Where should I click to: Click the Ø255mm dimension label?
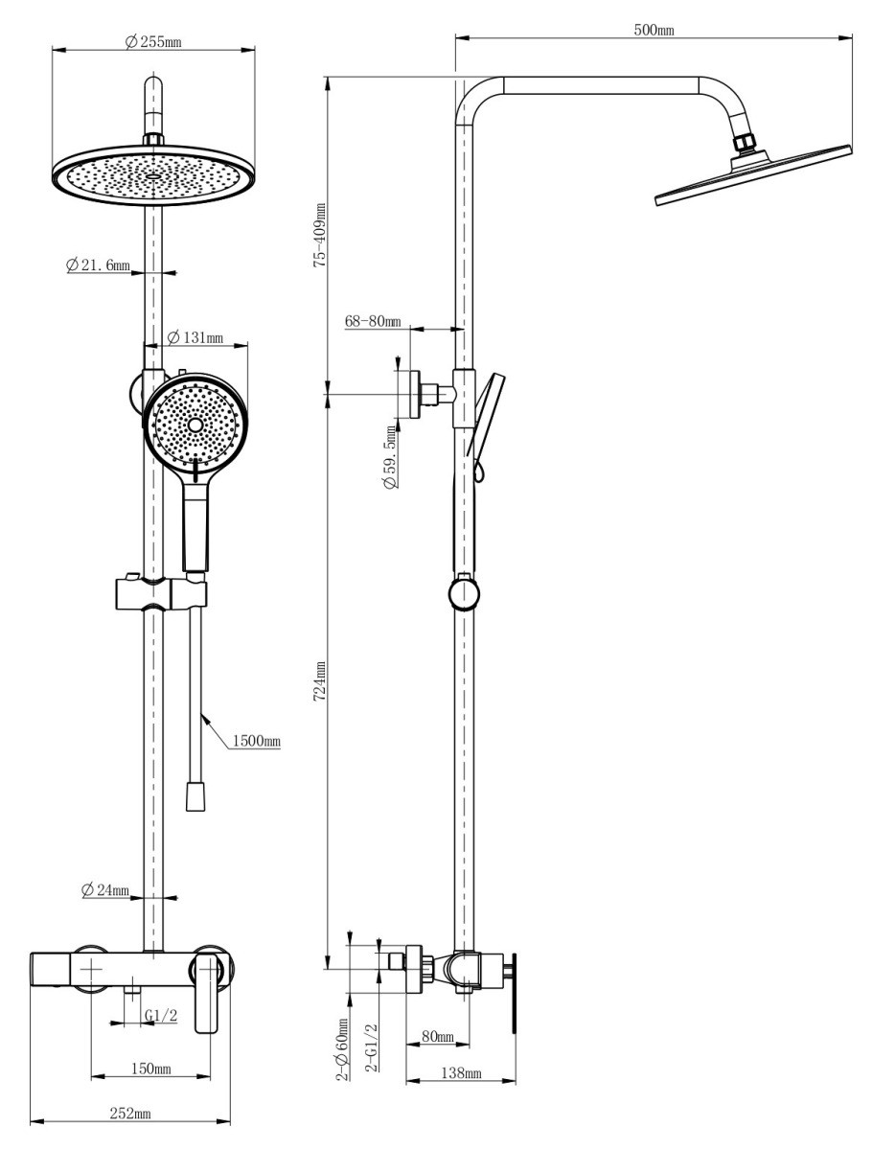(x=153, y=41)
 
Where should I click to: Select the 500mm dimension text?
(x=654, y=30)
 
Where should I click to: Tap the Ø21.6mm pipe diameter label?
(x=98, y=264)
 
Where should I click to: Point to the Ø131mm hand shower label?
(x=195, y=337)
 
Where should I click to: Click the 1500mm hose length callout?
(x=257, y=741)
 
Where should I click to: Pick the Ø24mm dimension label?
(x=105, y=889)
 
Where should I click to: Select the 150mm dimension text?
(x=150, y=1069)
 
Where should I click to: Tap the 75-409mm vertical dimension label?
(x=320, y=236)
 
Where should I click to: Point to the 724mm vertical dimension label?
(x=320, y=681)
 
